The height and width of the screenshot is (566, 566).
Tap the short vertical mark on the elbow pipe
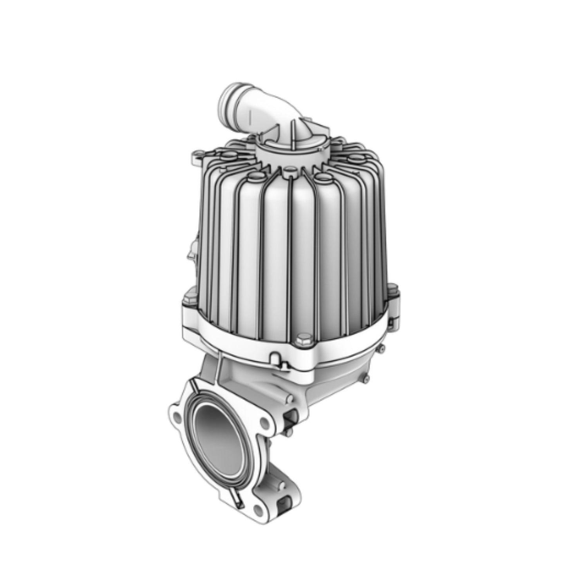[x=248, y=116]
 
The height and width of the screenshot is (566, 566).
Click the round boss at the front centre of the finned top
[x=289, y=170]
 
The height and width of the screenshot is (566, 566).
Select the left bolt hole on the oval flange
[x=176, y=415]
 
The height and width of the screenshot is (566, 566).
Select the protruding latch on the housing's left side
[x=191, y=251]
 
